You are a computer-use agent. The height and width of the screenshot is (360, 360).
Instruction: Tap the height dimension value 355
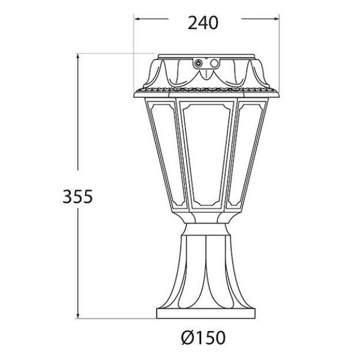point(77,196)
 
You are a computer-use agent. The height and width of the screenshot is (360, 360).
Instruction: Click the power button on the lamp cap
point(198,64)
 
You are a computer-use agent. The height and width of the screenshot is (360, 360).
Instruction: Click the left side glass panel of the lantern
point(167,153)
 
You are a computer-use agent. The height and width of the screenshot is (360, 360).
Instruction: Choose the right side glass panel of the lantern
point(244,153)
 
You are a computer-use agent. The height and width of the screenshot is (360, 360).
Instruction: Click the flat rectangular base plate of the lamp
point(206,314)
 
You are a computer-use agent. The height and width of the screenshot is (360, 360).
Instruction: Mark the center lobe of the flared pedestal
point(206,271)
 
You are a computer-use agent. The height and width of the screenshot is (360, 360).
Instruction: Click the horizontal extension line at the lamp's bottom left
point(115,318)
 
